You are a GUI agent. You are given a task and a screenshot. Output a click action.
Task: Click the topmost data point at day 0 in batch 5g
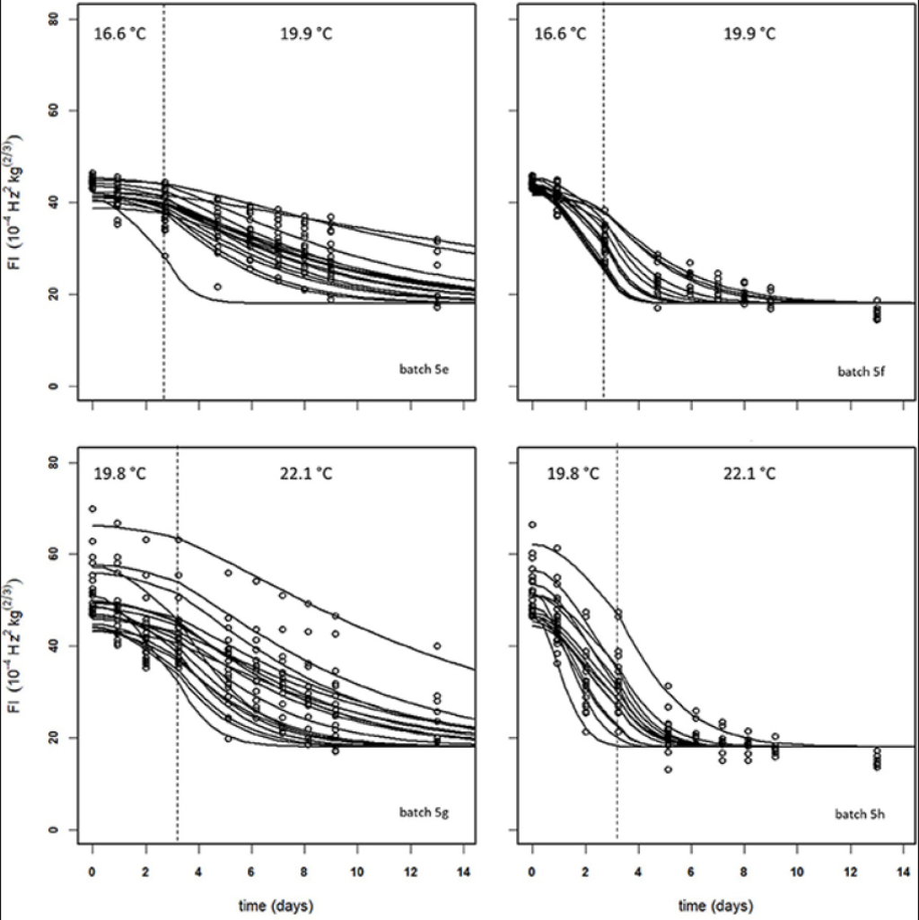(92, 509)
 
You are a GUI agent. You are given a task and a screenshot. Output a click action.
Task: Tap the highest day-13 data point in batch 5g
(437, 645)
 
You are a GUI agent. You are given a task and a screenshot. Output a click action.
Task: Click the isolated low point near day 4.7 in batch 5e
(217, 286)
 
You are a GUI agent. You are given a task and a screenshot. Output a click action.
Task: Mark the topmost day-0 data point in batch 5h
(532, 524)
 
